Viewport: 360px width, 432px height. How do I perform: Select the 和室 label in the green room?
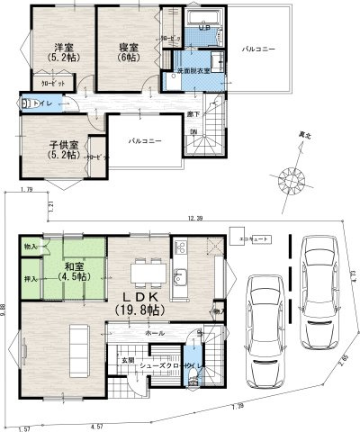click(74, 266)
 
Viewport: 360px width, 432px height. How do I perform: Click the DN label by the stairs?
click(193, 133)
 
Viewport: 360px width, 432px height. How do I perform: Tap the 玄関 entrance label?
click(129, 360)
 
